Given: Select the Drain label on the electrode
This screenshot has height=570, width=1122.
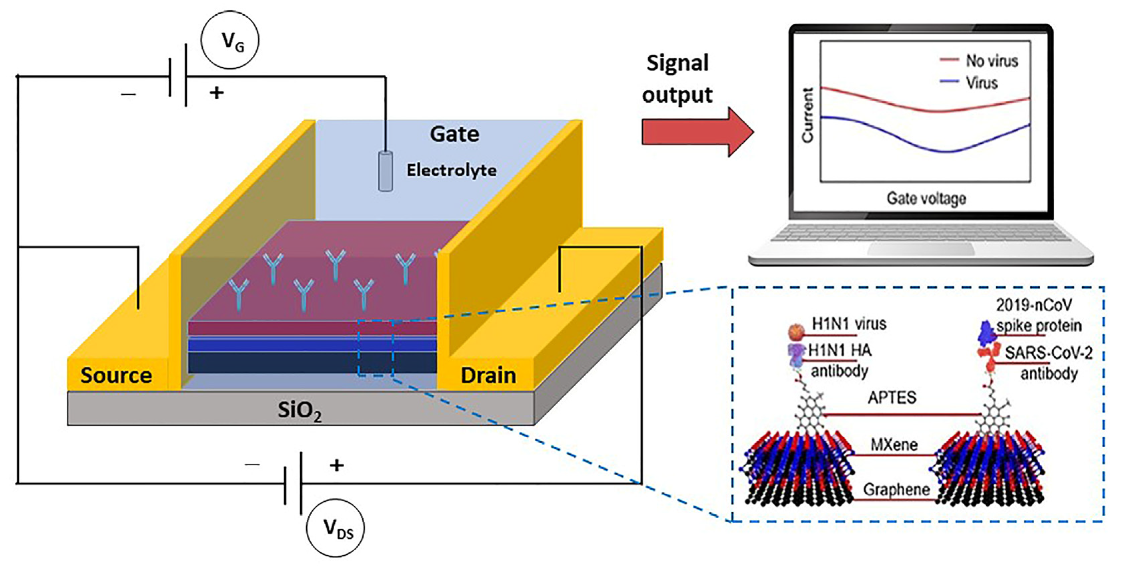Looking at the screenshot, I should [x=488, y=375].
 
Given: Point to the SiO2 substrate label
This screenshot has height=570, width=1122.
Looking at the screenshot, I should [x=299, y=410].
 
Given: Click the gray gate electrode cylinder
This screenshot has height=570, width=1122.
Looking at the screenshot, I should [x=385, y=171].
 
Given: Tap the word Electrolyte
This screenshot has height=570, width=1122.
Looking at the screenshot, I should [x=451, y=170].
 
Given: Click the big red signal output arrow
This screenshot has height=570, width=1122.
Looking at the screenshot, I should [x=697, y=132].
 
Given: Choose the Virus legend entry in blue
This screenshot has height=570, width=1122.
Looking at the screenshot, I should [x=981, y=82].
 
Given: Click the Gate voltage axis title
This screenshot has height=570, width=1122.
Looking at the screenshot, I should [x=926, y=198].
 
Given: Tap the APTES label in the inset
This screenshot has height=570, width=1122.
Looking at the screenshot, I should [x=892, y=397].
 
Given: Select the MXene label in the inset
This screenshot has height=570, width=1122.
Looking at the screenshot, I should [x=894, y=445].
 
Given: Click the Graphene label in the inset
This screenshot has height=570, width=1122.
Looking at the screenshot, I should [x=897, y=489].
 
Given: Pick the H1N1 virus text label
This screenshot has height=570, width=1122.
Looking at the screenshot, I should [x=849, y=324].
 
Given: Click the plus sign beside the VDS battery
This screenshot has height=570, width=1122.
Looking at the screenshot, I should [x=336, y=466].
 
